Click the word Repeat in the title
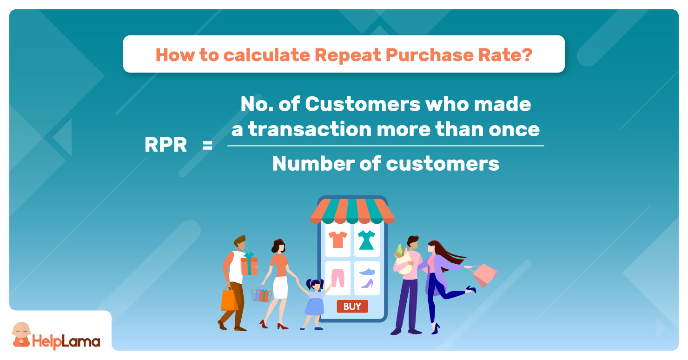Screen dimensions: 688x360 [x=348, y=55]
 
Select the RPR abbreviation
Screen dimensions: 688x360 [x=166, y=145]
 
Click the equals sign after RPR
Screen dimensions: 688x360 [x=207, y=145]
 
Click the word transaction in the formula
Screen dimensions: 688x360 [x=310, y=129]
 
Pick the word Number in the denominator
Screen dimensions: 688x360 [x=314, y=163]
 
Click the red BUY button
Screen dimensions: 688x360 [x=352, y=306]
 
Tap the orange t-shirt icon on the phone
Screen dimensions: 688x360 [x=337, y=240]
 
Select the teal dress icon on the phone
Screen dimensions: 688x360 [x=366, y=240]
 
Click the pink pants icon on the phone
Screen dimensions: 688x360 [x=338, y=278]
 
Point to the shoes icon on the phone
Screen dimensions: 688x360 [x=367, y=278]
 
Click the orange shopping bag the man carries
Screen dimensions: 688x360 [x=229, y=299]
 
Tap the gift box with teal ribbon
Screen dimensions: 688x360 [x=249, y=263]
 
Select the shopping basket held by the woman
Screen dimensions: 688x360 [x=262, y=293]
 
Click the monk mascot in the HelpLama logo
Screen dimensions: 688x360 [x=21, y=334]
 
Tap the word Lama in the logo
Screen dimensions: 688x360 [x=81, y=341]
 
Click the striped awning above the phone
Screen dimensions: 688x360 [x=352, y=211]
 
